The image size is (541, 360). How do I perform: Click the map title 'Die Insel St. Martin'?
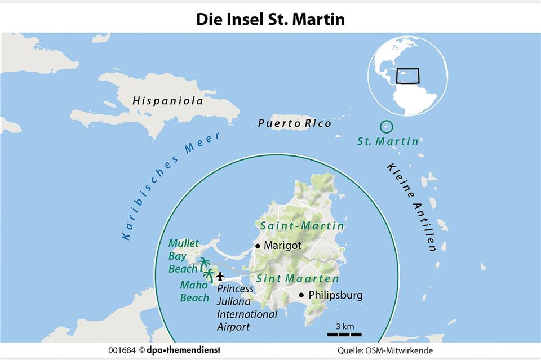click(270, 19)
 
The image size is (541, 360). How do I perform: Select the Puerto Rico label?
click(294, 123)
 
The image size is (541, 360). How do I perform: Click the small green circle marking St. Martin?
click(387, 127)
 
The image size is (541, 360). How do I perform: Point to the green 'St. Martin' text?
click(388, 141)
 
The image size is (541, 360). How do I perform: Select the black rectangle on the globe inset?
click(407, 76)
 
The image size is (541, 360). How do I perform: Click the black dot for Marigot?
click(258, 246)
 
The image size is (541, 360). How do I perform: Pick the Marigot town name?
click(282, 246)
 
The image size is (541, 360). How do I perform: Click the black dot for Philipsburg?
click(301, 295)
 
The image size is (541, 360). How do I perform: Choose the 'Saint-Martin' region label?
click(302, 226)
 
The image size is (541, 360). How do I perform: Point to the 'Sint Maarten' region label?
click(298, 279)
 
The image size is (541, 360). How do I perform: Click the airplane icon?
click(220, 275)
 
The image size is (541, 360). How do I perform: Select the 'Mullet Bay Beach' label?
click(184, 256)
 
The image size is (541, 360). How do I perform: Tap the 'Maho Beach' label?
click(194, 291)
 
